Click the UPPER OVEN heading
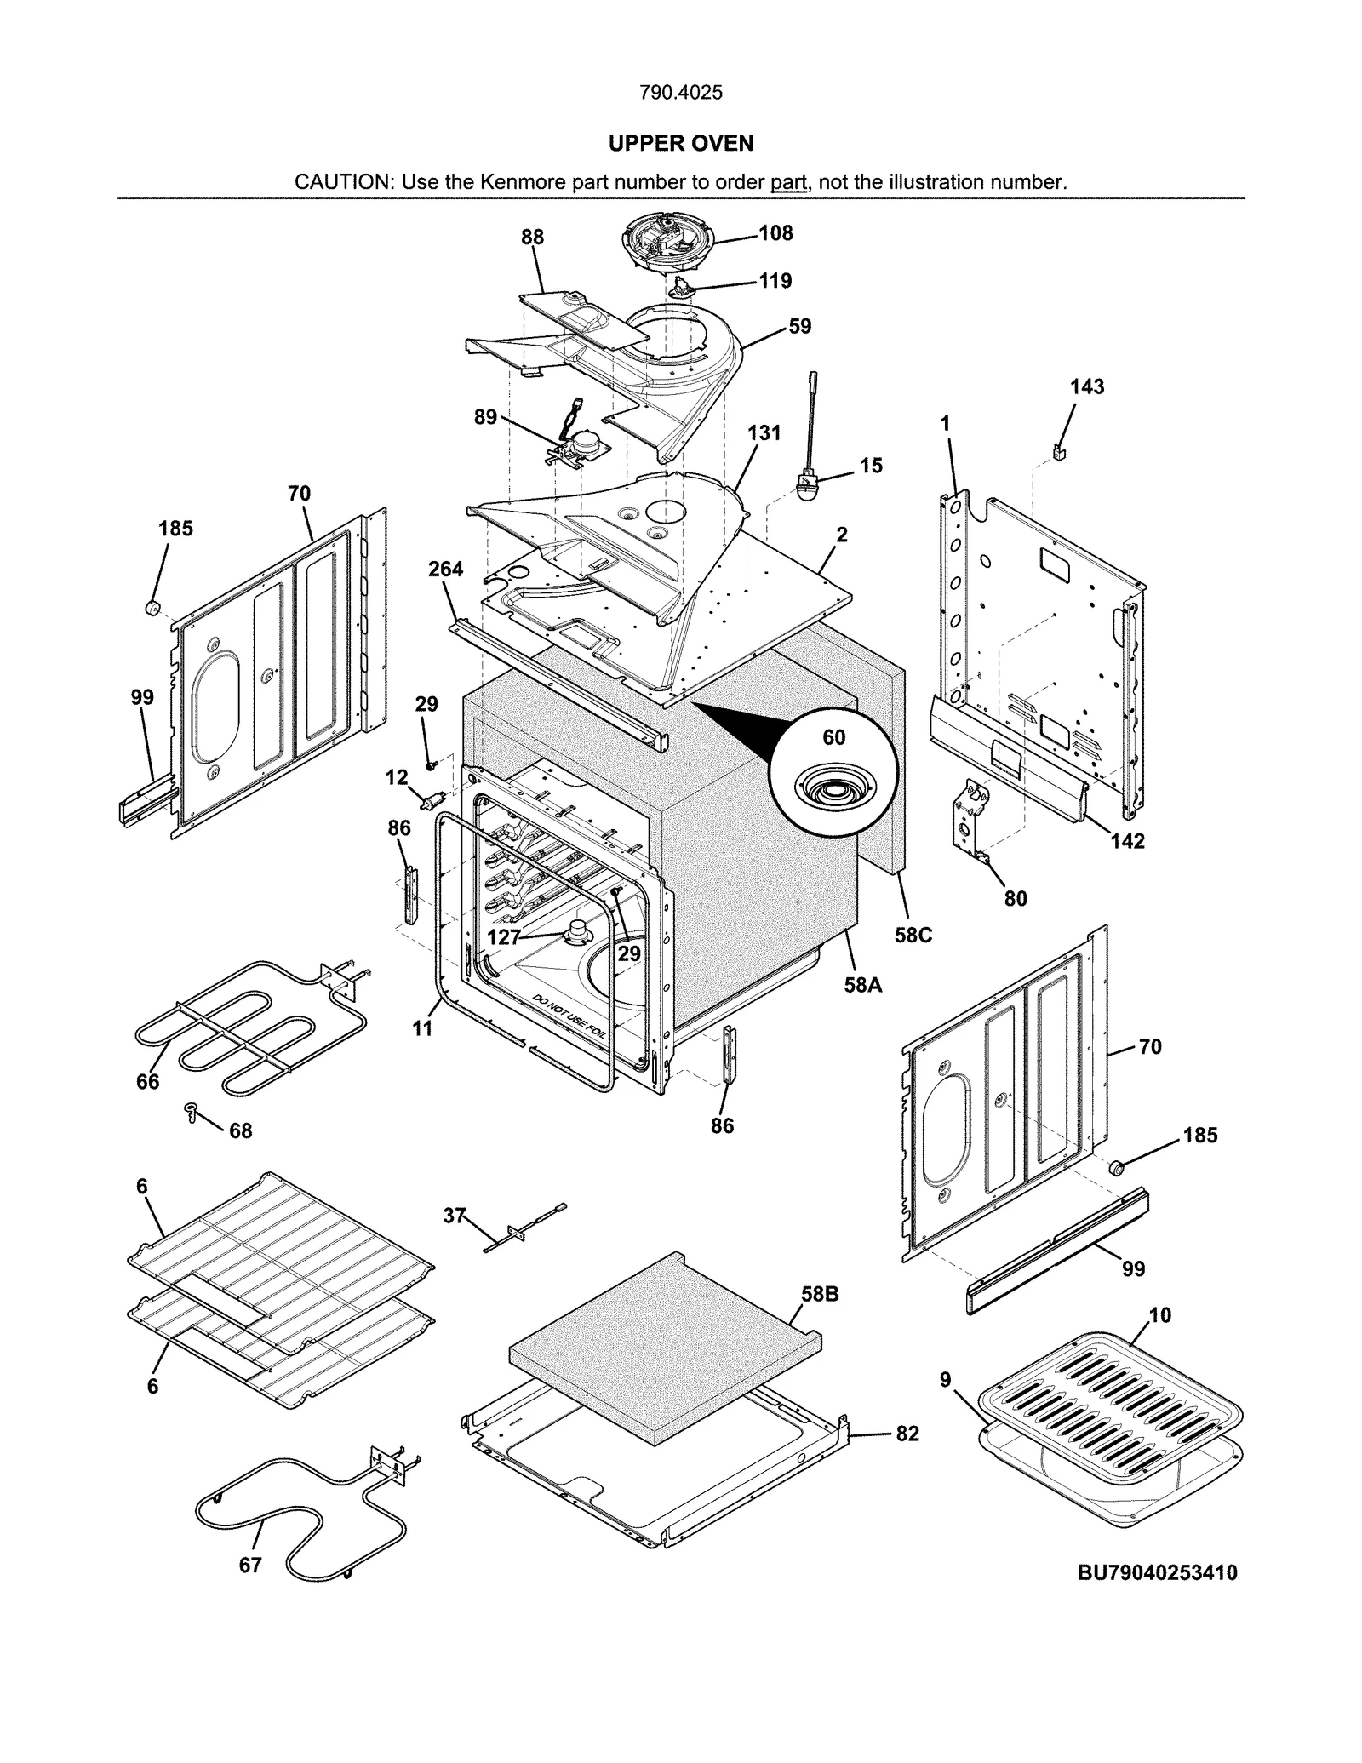[680, 143]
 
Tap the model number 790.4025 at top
[680, 92]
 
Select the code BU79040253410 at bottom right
[1157, 1572]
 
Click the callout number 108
[775, 233]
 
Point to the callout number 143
[1086, 386]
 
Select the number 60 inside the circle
[833, 737]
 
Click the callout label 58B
[819, 1294]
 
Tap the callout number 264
[445, 569]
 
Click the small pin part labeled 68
[192, 1111]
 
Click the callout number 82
[907, 1434]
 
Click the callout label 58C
[913, 935]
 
